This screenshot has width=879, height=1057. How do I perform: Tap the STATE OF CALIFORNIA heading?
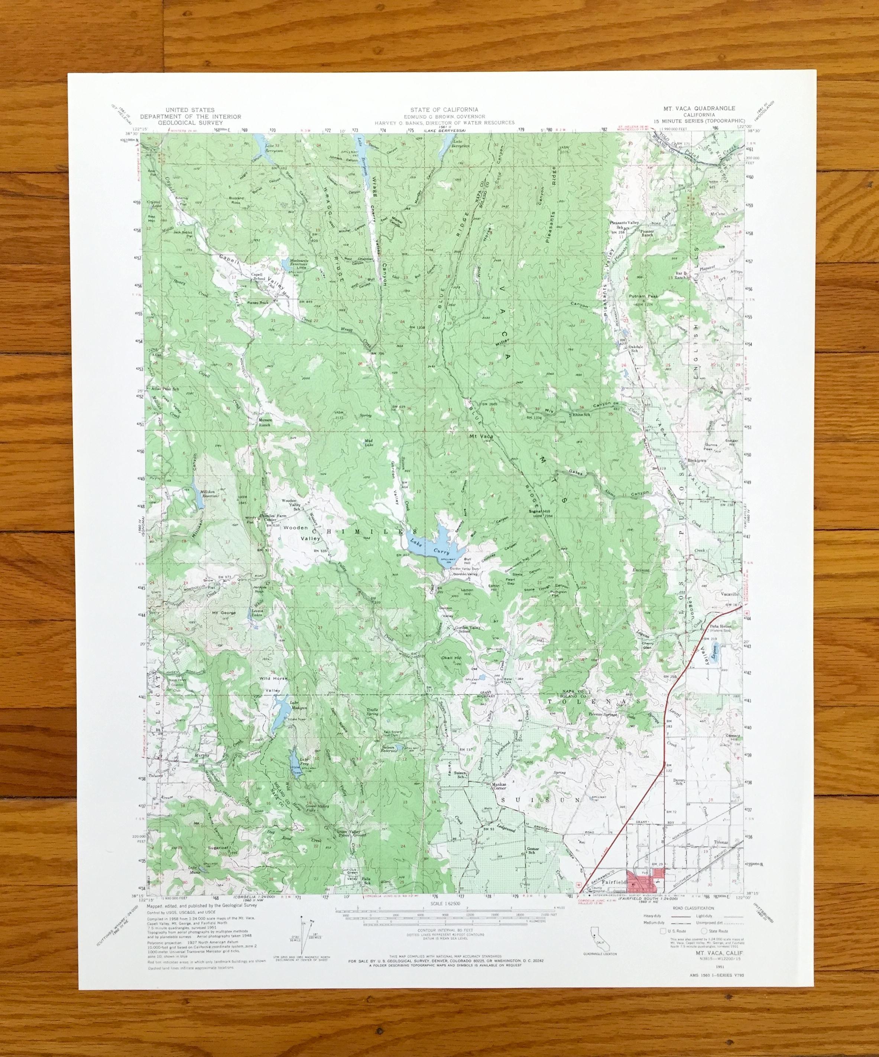(444, 109)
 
